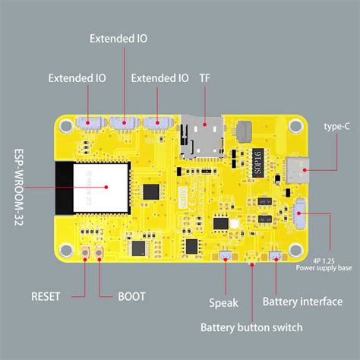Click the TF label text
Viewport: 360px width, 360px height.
[x=205, y=78]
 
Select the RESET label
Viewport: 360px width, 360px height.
[x=46, y=296]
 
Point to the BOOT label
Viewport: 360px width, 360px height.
[x=131, y=296]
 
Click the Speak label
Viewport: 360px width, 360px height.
[x=223, y=302]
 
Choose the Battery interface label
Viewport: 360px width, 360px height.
[x=302, y=302]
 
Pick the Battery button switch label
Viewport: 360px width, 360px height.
[x=251, y=327]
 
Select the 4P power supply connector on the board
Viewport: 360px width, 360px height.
[x=299, y=214]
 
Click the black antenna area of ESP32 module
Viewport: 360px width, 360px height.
[x=63, y=186]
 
